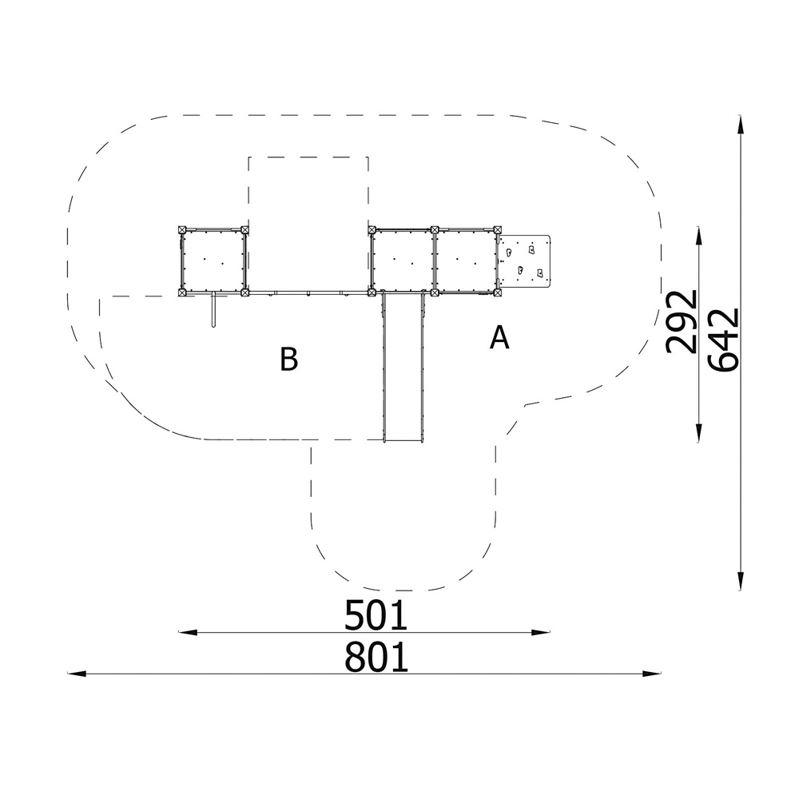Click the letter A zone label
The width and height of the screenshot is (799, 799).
499,337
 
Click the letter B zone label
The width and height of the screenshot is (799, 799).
289,359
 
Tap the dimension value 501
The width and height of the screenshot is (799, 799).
376,615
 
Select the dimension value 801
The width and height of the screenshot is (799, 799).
376,657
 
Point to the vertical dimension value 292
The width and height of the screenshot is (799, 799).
682,321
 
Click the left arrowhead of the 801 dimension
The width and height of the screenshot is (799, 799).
77,674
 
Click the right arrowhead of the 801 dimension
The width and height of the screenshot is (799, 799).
652,674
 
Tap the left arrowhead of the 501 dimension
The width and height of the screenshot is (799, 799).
188,632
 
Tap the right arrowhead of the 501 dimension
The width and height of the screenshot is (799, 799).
541,632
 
